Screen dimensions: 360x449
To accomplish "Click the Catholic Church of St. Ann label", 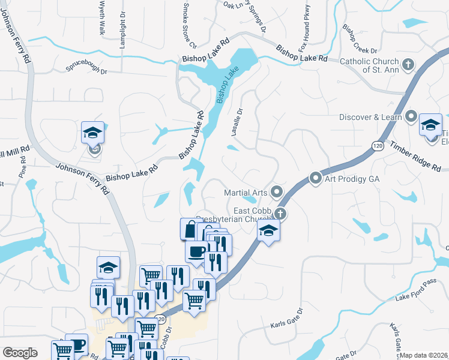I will [x=369, y=65].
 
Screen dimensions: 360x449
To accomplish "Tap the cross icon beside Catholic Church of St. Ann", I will [x=408, y=64].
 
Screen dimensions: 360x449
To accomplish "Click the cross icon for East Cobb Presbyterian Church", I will [x=280, y=214].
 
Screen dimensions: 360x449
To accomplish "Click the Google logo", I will [x=20, y=353].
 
